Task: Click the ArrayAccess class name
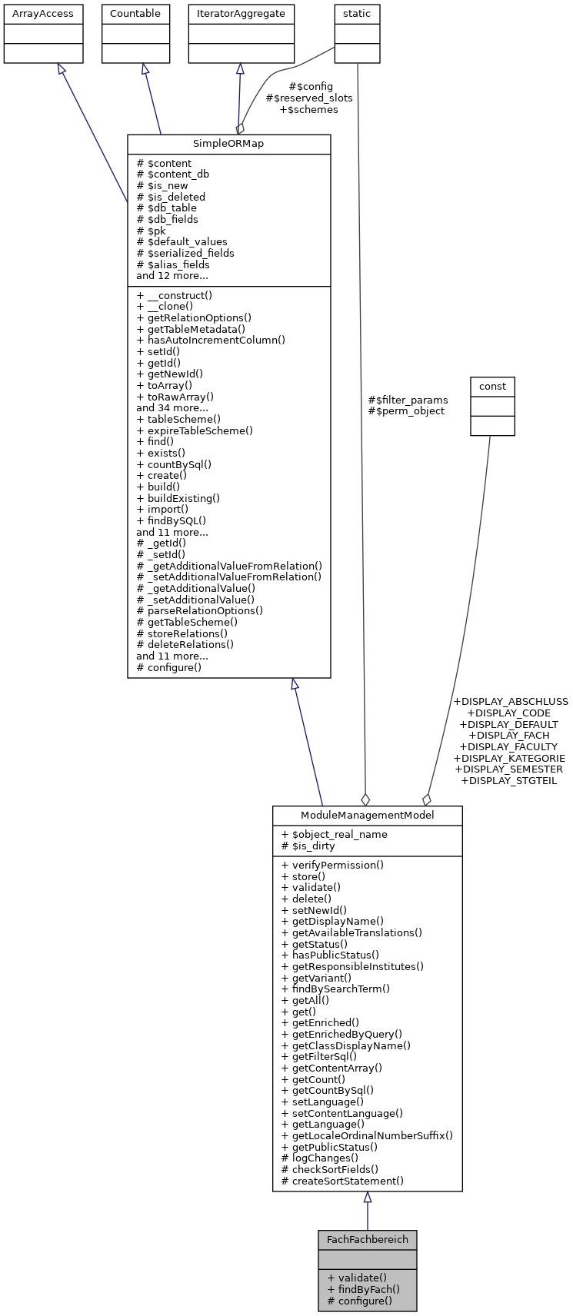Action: coord(43,14)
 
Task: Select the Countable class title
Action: coord(135,14)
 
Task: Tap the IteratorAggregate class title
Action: coord(242,14)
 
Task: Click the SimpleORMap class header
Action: coord(228,145)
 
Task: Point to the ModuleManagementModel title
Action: coord(367,816)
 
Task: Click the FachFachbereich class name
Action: coord(367,1240)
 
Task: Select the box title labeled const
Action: coord(492,386)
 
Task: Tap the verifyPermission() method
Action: coord(333,865)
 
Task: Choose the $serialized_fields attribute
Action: coord(185,253)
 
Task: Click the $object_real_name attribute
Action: coord(335,834)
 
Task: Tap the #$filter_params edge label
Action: coord(408,400)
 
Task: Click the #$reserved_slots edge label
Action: coord(309,98)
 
